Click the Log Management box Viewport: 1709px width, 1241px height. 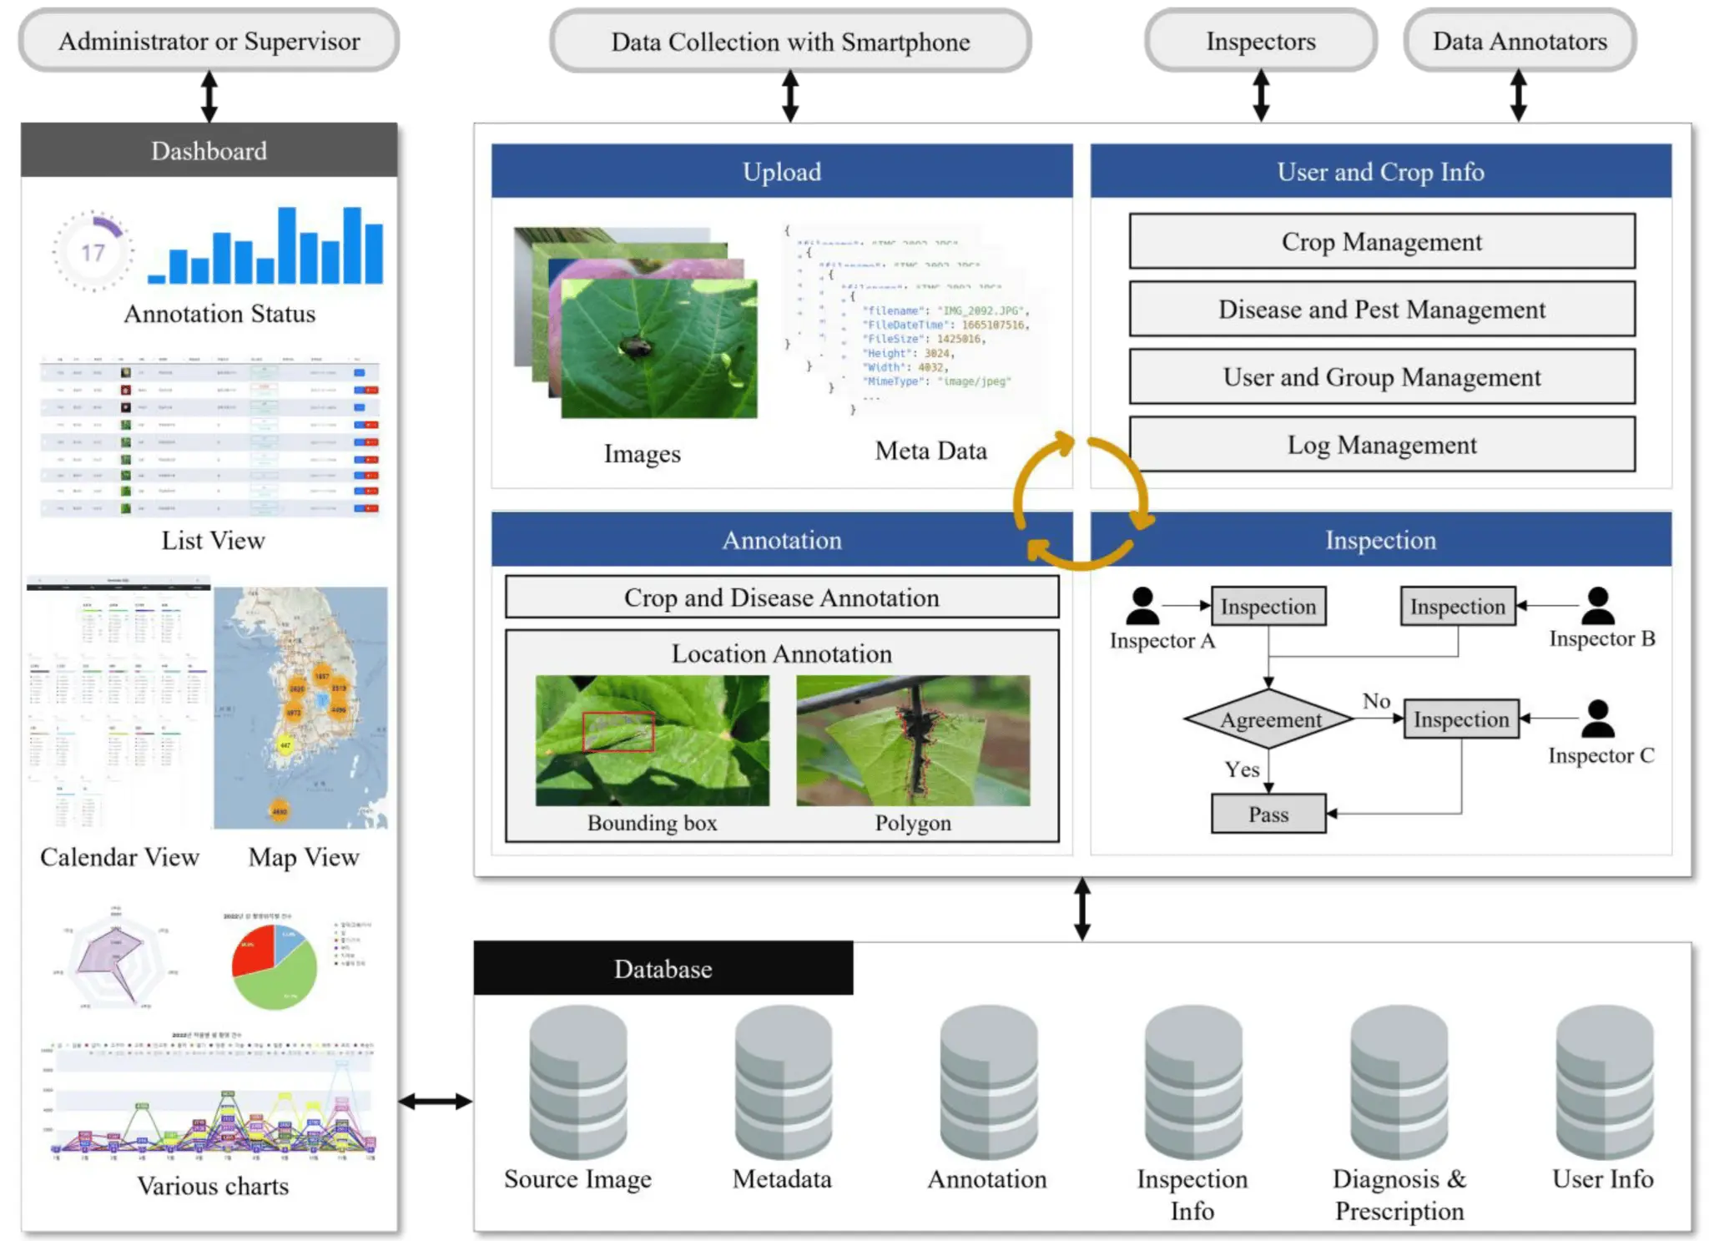tap(1381, 445)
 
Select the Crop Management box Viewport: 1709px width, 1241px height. tap(1381, 241)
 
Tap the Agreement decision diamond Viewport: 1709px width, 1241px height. tap(1268, 719)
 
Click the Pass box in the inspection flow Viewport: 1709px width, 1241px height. tap(1268, 814)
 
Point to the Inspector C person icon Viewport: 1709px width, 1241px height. tap(1597, 719)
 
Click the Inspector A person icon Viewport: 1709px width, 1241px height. tap(1142, 606)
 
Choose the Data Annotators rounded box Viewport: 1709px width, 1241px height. tap(1519, 41)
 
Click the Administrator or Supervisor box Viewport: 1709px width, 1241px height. tap(209, 41)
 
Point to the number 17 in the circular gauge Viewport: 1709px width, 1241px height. tap(93, 252)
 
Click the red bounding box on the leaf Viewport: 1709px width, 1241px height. tap(618, 732)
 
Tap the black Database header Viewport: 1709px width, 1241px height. tap(663, 968)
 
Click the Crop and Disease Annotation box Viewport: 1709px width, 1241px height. tap(781, 598)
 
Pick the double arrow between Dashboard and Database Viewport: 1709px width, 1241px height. tap(435, 1102)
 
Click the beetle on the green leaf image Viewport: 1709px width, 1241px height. tap(637, 346)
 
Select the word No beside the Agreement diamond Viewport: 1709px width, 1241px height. tap(1376, 701)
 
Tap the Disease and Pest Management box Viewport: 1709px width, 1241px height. tap(1381, 310)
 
